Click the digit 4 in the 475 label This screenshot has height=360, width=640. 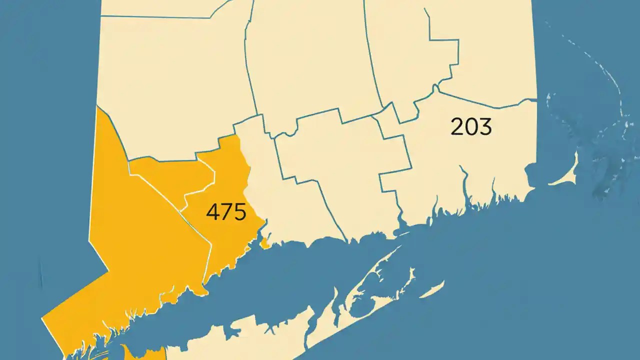tap(212, 212)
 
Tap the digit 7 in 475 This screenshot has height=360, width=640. tap(226, 212)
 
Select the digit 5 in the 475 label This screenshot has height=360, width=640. tap(239, 212)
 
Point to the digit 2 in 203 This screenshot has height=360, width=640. tap(457, 127)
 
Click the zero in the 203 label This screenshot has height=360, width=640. tap(471, 127)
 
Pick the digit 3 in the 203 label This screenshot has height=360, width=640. tap(485, 127)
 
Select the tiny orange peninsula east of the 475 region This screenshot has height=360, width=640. tap(265, 244)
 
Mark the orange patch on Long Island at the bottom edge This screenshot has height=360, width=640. tap(145, 352)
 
